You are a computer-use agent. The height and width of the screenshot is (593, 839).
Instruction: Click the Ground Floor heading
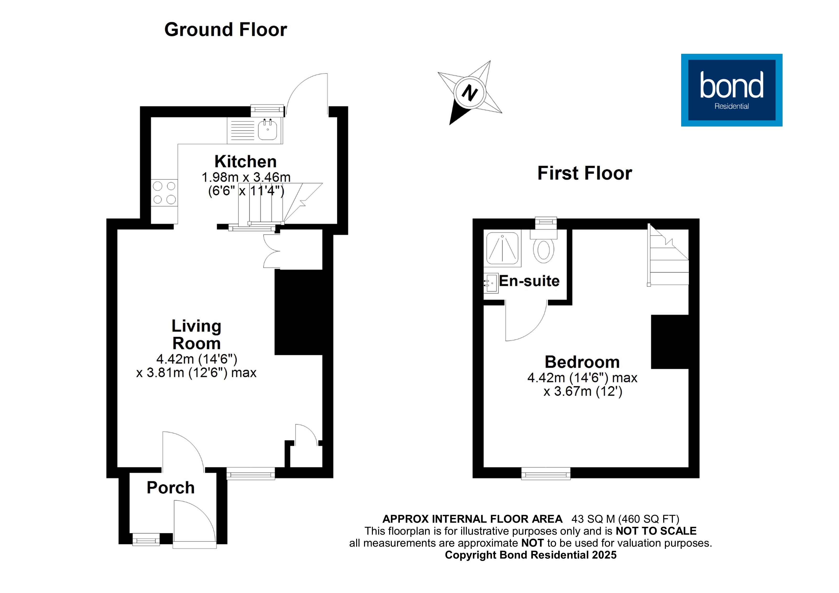point(226,30)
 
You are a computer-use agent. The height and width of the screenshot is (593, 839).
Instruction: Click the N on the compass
point(469,93)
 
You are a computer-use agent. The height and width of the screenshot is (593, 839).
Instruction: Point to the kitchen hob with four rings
point(164,192)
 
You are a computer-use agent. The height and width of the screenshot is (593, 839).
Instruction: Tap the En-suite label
point(529,281)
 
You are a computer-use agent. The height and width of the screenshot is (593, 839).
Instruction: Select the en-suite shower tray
point(502,248)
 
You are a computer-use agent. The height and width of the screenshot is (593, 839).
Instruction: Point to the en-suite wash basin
point(491,283)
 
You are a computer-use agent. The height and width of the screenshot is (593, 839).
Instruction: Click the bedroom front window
point(546,474)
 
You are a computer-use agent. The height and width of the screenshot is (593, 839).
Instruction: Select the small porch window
point(146,539)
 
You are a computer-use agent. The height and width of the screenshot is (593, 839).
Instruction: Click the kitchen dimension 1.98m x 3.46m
point(246,177)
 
